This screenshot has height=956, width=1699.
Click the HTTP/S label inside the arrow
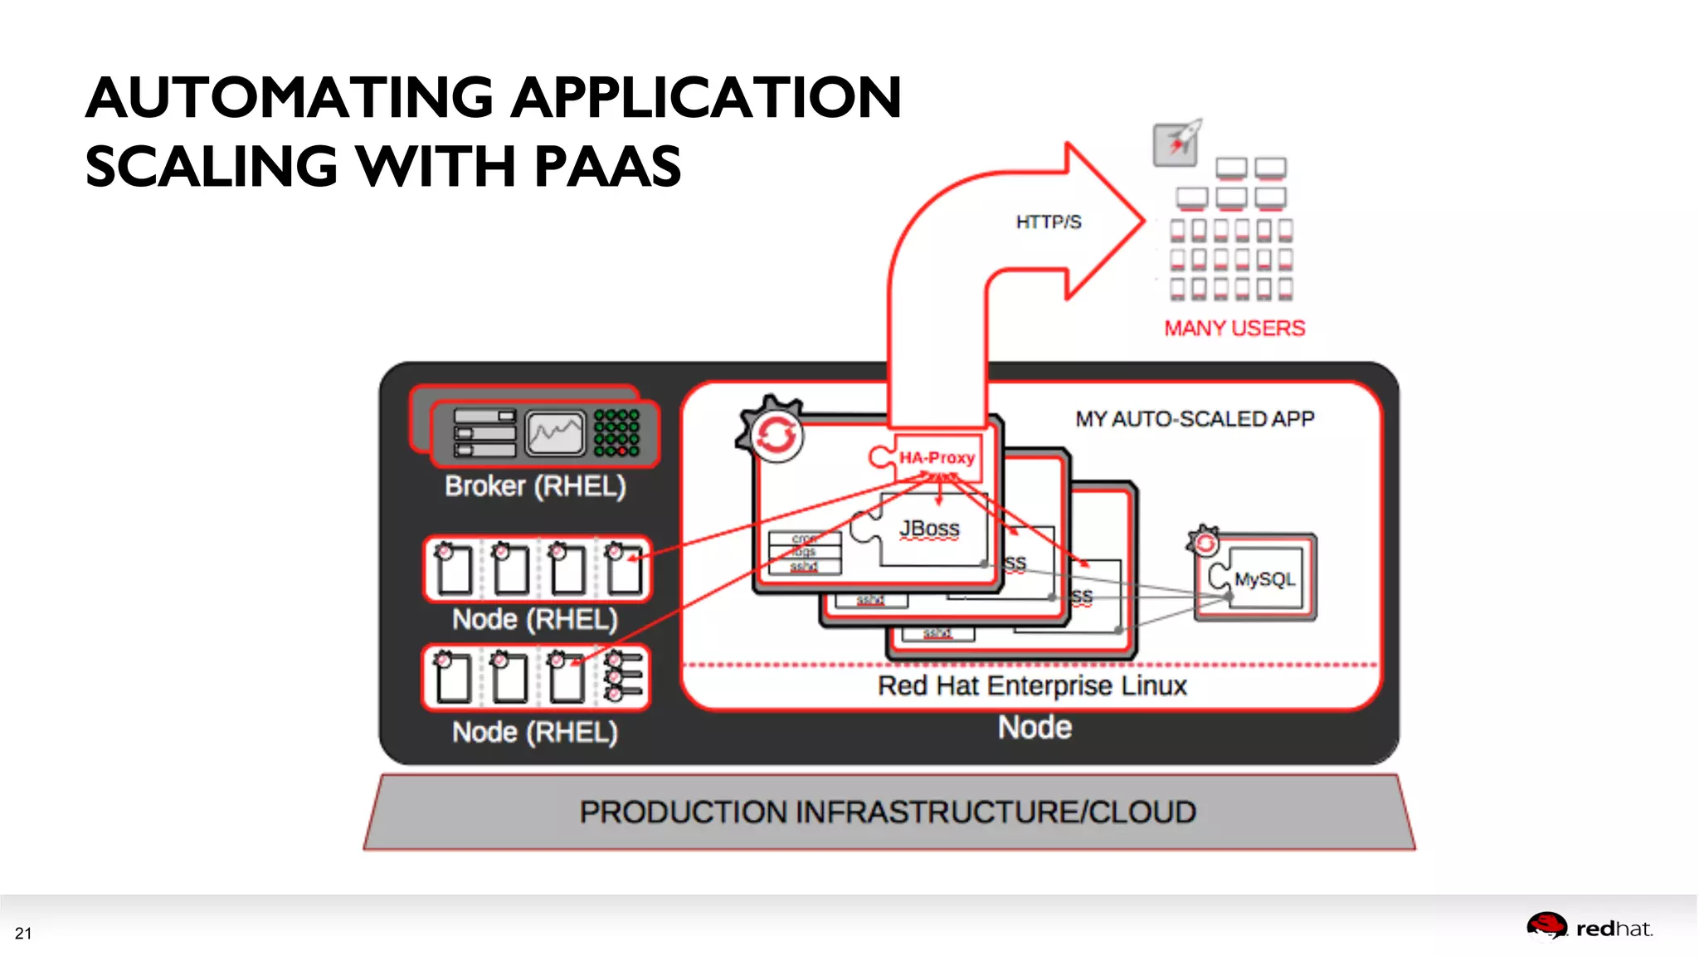tap(1049, 222)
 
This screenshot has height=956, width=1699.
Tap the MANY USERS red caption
tap(1234, 329)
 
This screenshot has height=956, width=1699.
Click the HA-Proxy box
tap(937, 457)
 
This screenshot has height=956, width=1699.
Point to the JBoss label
tap(929, 529)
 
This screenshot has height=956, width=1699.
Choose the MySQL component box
tap(1263, 578)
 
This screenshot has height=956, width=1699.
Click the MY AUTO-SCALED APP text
tap(1195, 419)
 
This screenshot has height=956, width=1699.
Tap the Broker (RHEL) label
tap(535, 486)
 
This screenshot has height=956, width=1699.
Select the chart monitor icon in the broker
tap(555, 432)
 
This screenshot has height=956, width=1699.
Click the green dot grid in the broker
tap(616, 432)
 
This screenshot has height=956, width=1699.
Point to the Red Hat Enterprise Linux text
tap(1032, 686)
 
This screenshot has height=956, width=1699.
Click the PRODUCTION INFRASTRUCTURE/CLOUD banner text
tap(888, 812)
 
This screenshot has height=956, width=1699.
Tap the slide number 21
tap(23, 934)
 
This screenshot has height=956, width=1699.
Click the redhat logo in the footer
tap(1589, 928)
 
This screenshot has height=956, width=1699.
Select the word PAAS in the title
tap(607, 167)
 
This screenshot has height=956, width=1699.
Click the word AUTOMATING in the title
tap(290, 98)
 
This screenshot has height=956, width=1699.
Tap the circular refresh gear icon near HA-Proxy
tap(773, 433)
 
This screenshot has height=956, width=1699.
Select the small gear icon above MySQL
tap(1204, 541)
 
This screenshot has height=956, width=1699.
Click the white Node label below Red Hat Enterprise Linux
tap(1034, 728)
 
